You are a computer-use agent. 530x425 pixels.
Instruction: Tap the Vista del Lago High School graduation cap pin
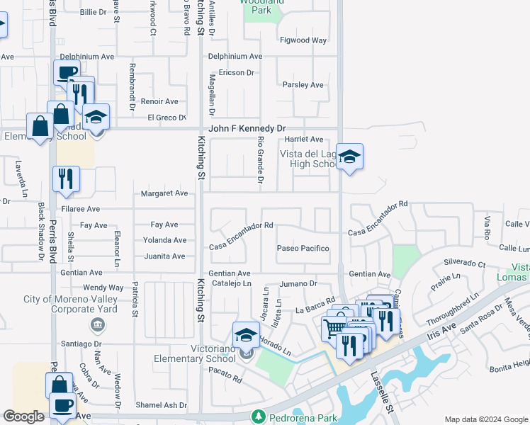pos(349,157)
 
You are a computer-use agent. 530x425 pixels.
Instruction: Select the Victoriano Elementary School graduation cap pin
pos(246,334)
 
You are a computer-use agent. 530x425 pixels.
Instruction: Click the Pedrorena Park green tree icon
pos(259,416)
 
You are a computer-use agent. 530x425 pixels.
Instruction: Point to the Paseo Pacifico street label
pos(303,249)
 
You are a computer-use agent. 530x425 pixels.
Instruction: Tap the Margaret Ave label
pos(164,193)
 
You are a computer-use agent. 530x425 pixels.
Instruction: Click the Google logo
pos(24,416)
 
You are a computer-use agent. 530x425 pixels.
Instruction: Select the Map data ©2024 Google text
pos(486,419)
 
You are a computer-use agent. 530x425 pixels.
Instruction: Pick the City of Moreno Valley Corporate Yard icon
pos(96,325)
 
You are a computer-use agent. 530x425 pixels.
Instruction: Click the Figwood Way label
pos(303,40)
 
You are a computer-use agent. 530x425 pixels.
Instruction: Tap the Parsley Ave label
pos(303,85)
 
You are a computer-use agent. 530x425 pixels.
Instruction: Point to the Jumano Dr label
pos(298,283)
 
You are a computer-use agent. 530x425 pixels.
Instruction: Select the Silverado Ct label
pos(464,263)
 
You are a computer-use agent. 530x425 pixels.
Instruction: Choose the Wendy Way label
pos(103,288)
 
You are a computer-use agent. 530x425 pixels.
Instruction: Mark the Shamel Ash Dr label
pos(161,406)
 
